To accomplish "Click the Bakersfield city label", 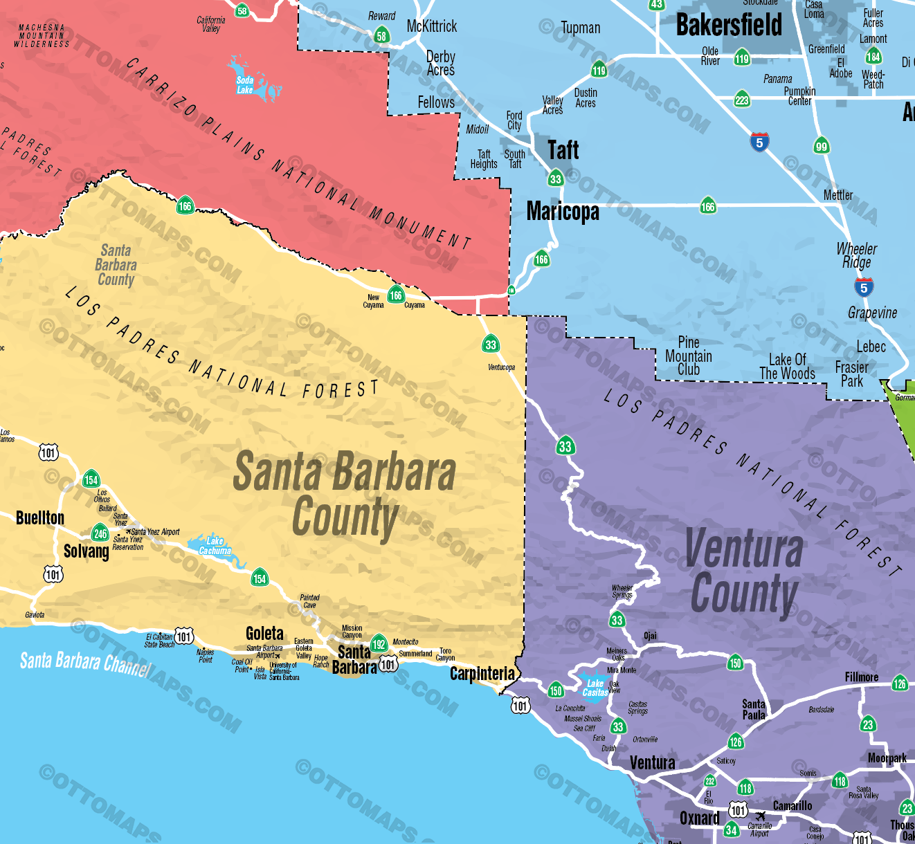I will coord(729,26).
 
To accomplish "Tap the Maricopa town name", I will coord(563,211).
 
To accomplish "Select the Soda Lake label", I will coord(245,85).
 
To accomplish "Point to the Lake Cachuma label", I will coord(215,547).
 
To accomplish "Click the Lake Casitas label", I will coord(595,688).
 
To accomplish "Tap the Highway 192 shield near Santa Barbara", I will coord(379,644).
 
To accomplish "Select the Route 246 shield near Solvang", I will coord(100,533).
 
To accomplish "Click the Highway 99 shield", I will coord(822,146).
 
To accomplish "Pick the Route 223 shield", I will coord(742,100).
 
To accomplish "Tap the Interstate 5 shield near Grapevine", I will coord(863,288).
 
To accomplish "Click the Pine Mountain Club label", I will coord(688,356).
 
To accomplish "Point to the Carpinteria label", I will coord(482,674).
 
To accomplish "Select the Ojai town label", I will coord(650,636).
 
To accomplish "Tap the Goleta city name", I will coord(264,634).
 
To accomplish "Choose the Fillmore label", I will coord(861,677).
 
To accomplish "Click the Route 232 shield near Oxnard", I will coord(709,781).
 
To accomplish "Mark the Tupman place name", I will coord(580,28).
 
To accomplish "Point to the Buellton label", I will coord(40,518).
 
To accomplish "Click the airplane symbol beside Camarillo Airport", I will coord(761,816).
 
